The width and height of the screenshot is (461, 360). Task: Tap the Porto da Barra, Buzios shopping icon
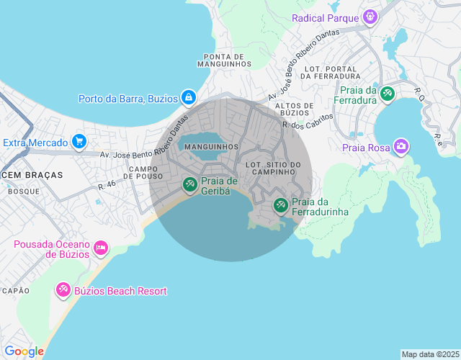click(x=188, y=97)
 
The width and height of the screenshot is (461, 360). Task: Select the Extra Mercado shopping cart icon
click(x=79, y=142)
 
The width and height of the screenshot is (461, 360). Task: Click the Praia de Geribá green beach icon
click(x=189, y=185)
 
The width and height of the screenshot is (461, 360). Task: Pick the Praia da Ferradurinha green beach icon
click(x=280, y=207)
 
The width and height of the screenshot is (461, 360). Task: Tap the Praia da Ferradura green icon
click(x=388, y=94)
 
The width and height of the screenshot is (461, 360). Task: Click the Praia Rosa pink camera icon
click(x=401, y=148)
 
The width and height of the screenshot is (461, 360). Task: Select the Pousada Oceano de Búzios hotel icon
click(x=101, y=248)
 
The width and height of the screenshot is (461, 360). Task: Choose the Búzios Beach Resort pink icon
click(x=63, y=291)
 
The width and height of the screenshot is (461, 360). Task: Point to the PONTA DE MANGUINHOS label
click(x=227, y=60)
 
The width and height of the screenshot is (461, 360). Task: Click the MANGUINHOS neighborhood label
click(x=211, y=147)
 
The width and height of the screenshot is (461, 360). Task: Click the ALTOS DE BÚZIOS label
click(x=293, y=109)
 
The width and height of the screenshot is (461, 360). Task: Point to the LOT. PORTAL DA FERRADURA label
click(x=331, y=72)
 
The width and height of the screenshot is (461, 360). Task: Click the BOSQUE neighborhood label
click(x=24, y=192)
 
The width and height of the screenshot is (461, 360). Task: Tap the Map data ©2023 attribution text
click(x=429, y=354)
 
